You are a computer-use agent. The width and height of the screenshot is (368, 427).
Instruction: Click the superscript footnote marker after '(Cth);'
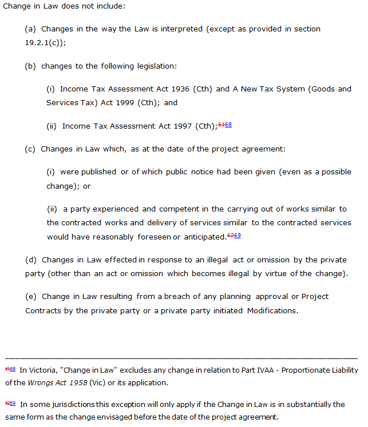click(225, 124)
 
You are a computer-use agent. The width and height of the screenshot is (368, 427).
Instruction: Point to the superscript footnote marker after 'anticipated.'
click(234, 235)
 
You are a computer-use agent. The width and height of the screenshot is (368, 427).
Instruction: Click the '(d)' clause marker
click(31, 260)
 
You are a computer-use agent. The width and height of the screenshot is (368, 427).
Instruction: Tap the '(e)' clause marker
click(31, 297)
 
